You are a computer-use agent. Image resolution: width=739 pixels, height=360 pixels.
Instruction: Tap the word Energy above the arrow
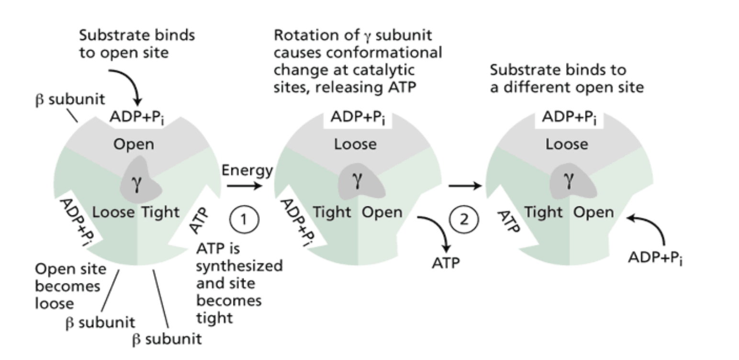coord(247,170)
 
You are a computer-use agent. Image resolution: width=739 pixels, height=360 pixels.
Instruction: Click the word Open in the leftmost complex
coord(134,144)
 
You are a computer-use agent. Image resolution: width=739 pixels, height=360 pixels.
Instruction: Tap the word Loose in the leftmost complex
coord(113,212)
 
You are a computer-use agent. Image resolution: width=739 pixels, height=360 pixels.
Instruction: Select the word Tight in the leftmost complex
coord(159,212)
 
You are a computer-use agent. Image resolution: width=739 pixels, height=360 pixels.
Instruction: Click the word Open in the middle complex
coord(381,212)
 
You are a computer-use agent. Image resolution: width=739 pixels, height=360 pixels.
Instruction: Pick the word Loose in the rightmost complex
coord(567,144)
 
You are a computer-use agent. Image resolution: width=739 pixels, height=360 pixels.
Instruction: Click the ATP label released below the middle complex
coord(446,263)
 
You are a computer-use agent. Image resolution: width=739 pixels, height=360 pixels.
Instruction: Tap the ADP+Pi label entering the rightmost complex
coord(655,258)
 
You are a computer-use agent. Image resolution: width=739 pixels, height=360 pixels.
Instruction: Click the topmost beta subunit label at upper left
coord(70,100)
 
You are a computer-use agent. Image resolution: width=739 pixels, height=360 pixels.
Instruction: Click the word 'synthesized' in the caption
coord(239,266)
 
